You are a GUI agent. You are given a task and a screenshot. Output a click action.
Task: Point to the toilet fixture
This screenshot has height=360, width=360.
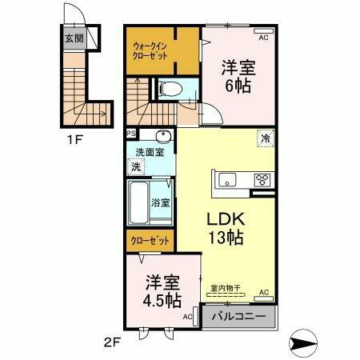click(170, 90)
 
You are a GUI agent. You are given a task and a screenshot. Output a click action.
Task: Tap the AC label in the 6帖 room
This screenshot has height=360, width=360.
click(263, 37)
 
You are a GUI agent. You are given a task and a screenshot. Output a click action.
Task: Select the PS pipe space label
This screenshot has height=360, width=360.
click(130, 134)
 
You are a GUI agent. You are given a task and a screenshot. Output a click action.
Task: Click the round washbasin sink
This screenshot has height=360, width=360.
click(164, 135)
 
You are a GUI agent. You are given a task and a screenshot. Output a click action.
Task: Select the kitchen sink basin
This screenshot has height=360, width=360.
click(227, 178)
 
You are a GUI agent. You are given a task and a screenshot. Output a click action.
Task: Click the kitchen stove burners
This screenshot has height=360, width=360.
click(262, 179)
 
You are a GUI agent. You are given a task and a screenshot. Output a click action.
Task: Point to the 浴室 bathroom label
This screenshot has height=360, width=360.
click(160, 202)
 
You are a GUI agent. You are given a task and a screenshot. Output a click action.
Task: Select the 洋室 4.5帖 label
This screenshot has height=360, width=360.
click(162, 290)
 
